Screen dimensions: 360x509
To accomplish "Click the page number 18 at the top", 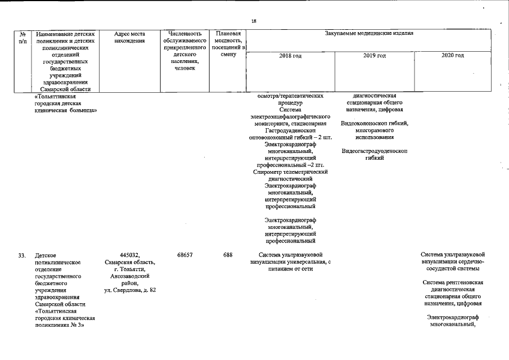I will (x=254, y=21).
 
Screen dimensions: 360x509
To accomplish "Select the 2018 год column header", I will (x=290, y=56).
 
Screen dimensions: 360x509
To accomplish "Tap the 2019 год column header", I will (x=374, y=56).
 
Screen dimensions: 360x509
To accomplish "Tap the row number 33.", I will (x=22, y=255).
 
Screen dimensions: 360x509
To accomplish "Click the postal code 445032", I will (x=129, y=255).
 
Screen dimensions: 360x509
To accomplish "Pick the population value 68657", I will (x=185, y=255).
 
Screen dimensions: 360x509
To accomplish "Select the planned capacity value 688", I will (x=228, y=255).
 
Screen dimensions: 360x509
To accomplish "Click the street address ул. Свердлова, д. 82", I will (x=129, y=290).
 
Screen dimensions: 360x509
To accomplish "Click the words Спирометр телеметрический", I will (x=290, y=172).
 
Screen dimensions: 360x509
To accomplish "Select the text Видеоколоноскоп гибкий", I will (x=374, y=124).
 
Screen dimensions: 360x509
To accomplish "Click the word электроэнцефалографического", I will (x=290, y=117).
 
